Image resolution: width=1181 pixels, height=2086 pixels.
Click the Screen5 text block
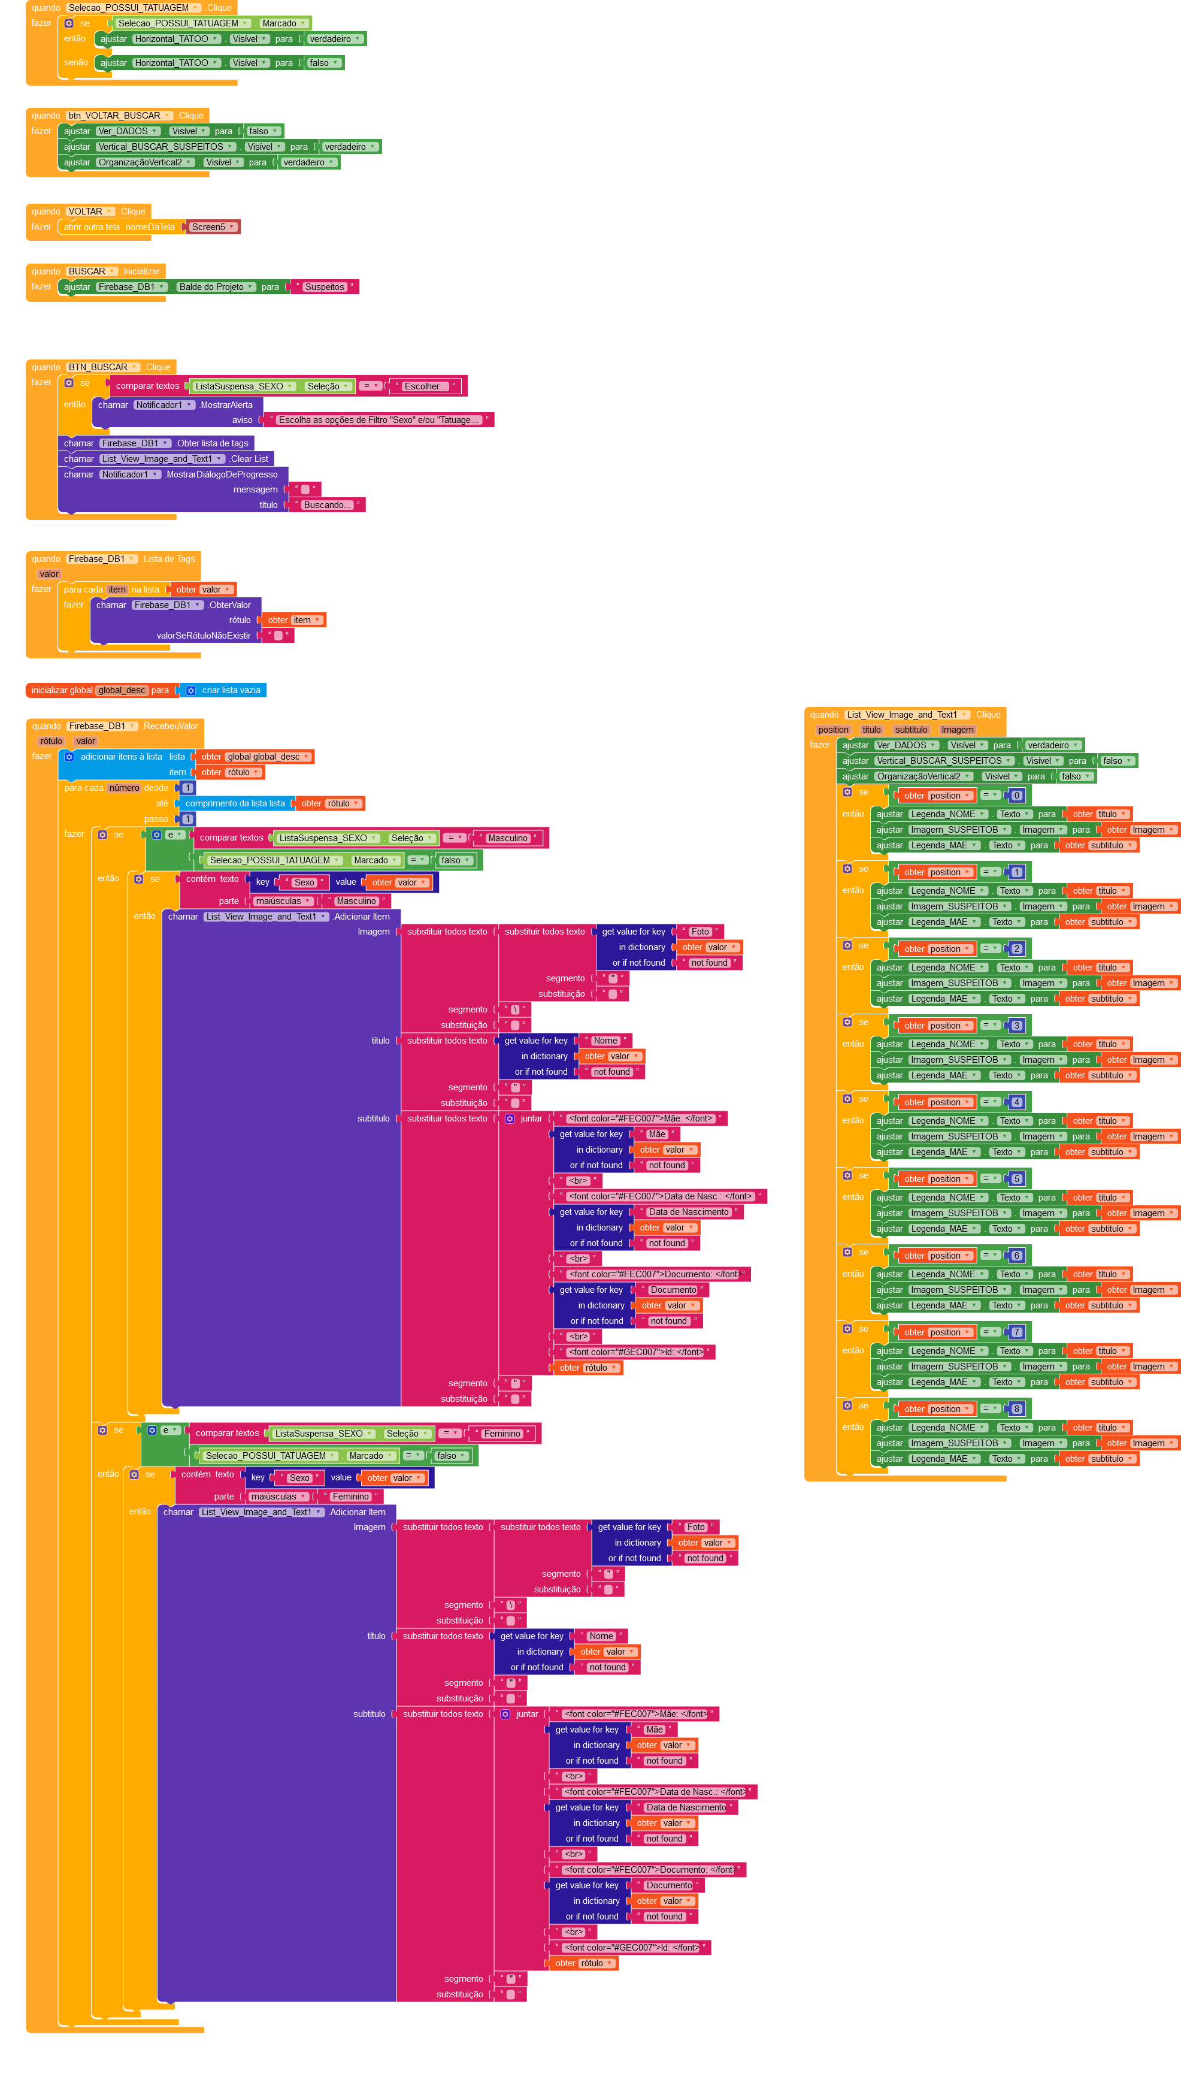pyautogui.click(x=208, y=227)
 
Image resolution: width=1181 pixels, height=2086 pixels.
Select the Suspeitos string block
pyautogui.click(x=325, y=287)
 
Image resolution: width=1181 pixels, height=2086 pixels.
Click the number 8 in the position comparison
pyautogui.click(x=1016, y=1409)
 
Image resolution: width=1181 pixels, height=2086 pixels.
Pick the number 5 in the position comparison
pyautogui.click(x=1016, y=1179)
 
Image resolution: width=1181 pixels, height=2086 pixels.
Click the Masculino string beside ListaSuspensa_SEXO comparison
pyautogui.click(x=508, y=838)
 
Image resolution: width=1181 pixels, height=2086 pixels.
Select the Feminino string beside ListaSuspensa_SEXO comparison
pyautogui.click(x=502, y=1434)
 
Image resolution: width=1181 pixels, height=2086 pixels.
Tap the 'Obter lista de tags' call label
pyautogui.click(x=213, y=444)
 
